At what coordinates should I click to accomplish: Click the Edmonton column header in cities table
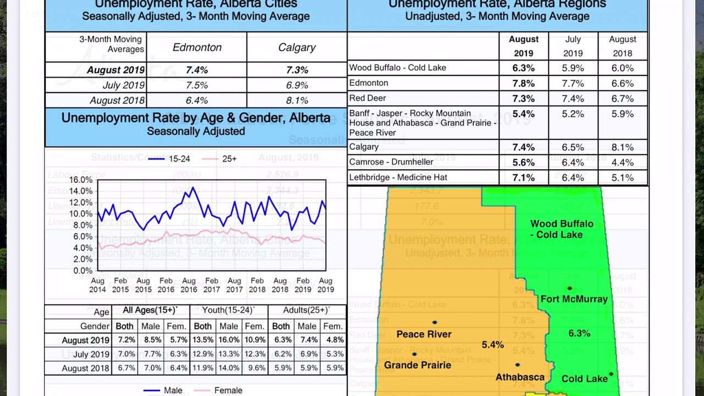[x=197, y=48]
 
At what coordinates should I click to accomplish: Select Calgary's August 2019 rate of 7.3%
[x=297, y=70]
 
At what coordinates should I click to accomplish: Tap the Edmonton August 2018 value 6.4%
[x=197, y=101]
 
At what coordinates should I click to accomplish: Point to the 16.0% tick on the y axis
[x=81, y=180]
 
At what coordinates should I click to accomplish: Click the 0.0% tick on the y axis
[x=83, y=271]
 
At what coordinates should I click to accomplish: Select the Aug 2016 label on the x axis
[x=189, y=285]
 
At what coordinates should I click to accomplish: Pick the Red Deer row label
[x=367, y=98]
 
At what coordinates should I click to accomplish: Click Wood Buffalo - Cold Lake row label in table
[x=398, y=68]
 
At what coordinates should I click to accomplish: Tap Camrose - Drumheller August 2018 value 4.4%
[x=622, y=163]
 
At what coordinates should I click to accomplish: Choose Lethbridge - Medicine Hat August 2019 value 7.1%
[x=523, y=178]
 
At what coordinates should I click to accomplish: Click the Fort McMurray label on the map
[x=574, y=299]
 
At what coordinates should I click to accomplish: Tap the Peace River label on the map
[x=424, y=334]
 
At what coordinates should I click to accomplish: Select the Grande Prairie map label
[x=417, y=365]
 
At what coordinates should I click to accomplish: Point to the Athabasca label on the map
[x=520, y=377]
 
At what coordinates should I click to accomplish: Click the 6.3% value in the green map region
[x=579, y=334]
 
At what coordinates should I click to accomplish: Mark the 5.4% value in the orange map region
[x=492, y=345]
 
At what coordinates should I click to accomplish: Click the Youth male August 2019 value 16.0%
[x=229, y=340]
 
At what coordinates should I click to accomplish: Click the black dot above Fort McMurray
[x=570, y=289]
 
